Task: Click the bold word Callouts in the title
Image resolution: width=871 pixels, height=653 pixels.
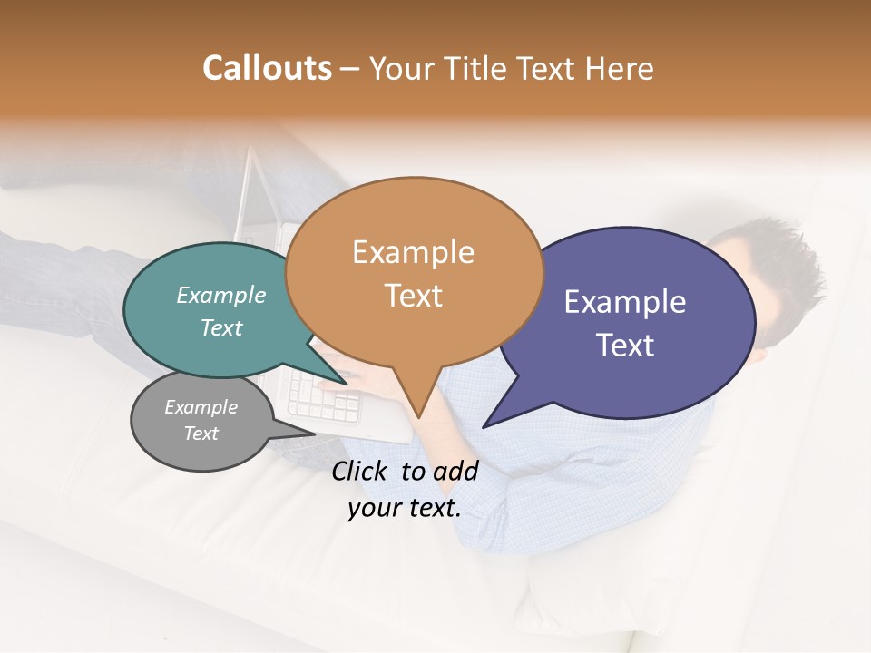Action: pyautogui.click(x=267, y=68)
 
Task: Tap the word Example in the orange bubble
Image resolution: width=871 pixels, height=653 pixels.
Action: pyautogui.click(x=413, y=251)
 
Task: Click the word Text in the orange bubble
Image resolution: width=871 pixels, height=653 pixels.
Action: pyautogui.click(x=413, y=295)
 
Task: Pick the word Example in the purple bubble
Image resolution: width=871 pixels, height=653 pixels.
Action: pyautogui.click(x=624, y=301)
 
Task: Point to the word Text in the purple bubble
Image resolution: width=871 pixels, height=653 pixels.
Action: pyautogui.click(x=624, y=345)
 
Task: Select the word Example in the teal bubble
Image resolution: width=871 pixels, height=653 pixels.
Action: pyautogui.click(x=220, y=295)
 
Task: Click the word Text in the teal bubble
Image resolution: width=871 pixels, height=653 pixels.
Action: pyautogui.click(x=220, y=327)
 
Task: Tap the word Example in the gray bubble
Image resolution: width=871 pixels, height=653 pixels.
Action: pyautogui.click(x=201, y=407)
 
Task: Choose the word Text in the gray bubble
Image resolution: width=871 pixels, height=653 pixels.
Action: pyautogui.click(x=201, y=434)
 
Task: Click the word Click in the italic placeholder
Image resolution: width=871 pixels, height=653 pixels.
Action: pyautogui.click(x=360, y=471)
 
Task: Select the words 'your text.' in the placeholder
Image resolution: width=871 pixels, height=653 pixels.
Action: pyautogui.click(x=405, y=508)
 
